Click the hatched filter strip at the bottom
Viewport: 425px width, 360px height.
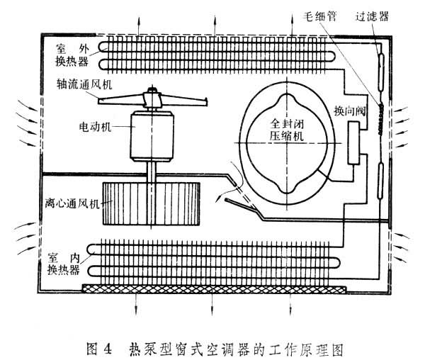click(212, 289)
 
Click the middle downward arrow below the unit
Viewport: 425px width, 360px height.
click(214, 306)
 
